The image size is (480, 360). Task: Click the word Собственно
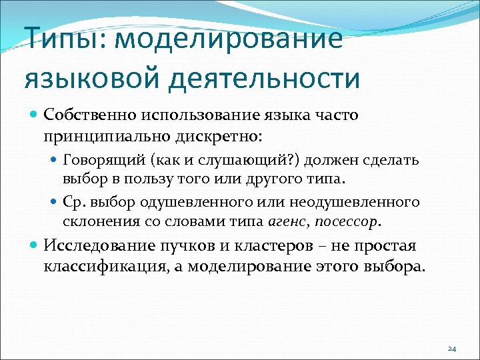pos(89,115)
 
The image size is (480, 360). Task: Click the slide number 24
pos(451,349)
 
